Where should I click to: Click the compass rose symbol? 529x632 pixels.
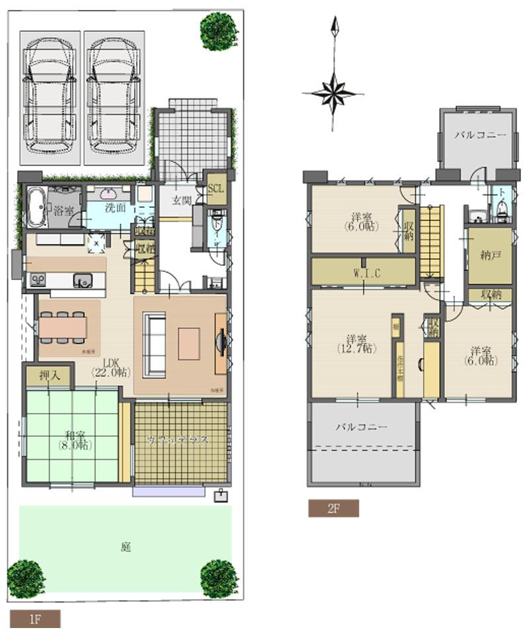pyautogui.click(x=335, y=92)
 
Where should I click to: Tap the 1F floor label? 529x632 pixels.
pyautogui.click(x=35, y=619)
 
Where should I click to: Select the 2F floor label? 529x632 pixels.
pyautogui.click(x=333, y=508)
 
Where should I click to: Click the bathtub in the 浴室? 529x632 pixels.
pyautogui.click(x=34, y=206)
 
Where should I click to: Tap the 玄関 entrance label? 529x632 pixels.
pyautogui.click(x=181, y=199)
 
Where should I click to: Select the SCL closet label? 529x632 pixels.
pyautogui.click(x=216, y=188)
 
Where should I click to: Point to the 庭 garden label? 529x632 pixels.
pyautogui.click(x=125, y=547)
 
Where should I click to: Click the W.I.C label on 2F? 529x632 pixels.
pyautogui.click(x=366, y=272)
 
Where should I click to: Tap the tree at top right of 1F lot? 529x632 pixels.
pyautogui.click(x=219, y=28)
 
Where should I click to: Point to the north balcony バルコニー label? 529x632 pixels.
pyautogui.click(x=480, y=134)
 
